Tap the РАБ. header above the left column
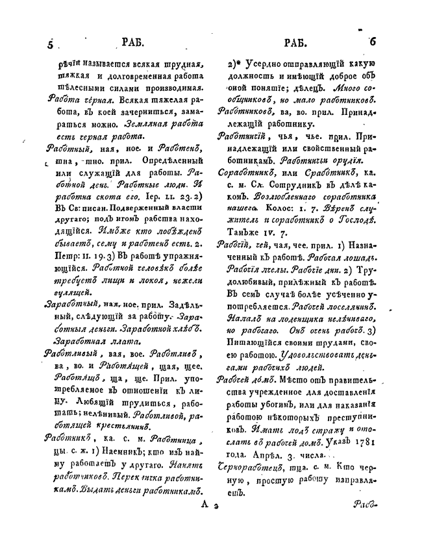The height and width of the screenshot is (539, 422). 133,44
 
